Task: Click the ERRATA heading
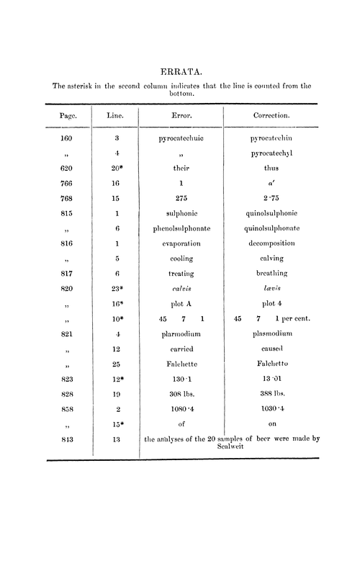180,71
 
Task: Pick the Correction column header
271,114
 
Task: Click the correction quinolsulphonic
271,213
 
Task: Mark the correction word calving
271,259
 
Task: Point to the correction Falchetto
271,366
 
